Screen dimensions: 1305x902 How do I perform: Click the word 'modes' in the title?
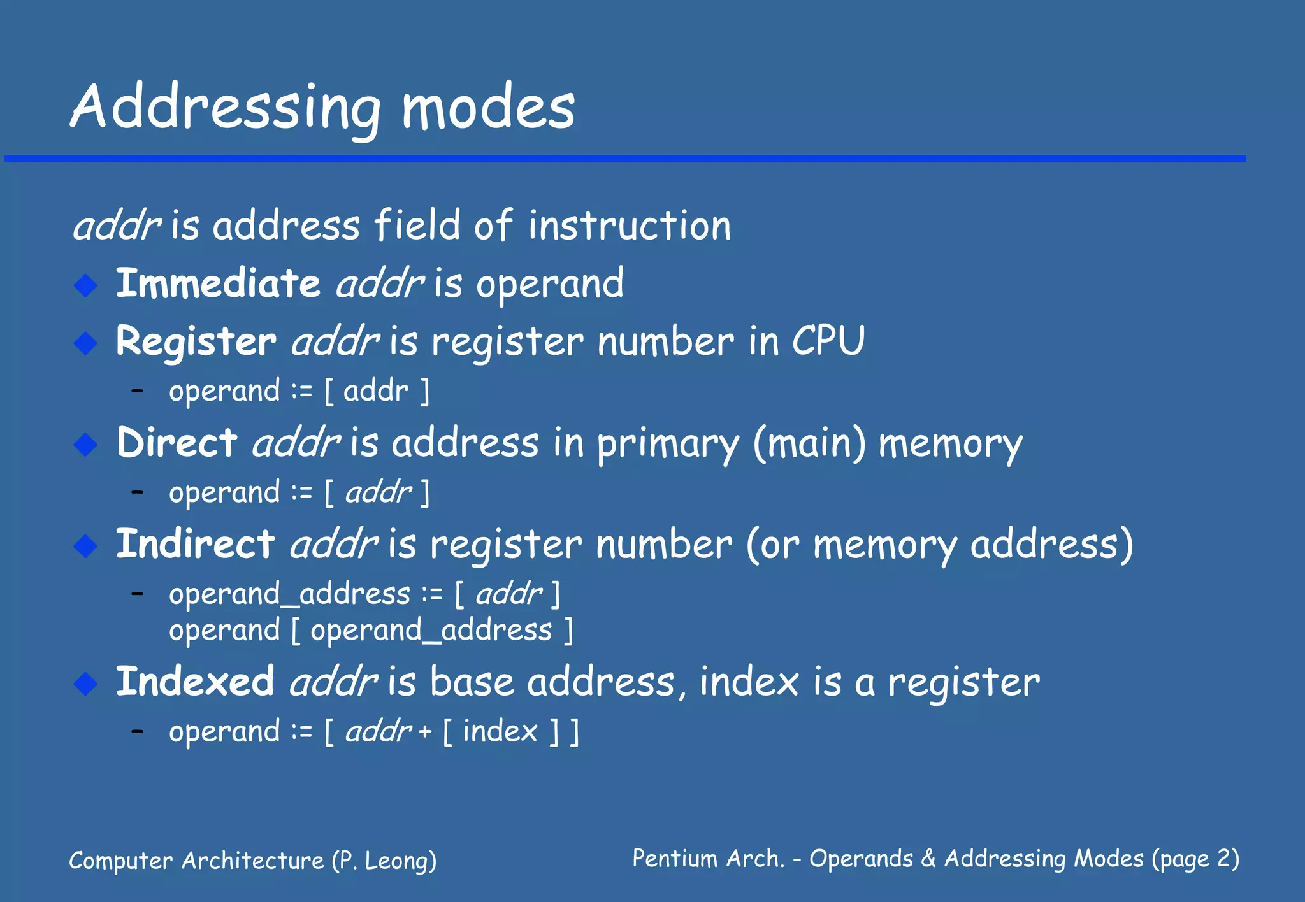coord(488,108)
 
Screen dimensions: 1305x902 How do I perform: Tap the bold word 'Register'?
coord(196,341)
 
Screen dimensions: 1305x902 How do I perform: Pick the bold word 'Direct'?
coord(177,442)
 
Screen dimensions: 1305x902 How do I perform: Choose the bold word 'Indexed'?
coord(195,681)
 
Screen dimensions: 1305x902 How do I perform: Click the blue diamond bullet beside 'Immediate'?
coord(85,285)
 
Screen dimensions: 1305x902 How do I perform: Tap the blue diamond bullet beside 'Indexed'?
coord(85,683)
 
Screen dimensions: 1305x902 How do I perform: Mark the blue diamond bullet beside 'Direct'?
coord(85,444)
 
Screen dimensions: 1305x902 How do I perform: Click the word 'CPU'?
coord(828,341)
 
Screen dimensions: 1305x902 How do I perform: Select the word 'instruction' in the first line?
coord(630,226)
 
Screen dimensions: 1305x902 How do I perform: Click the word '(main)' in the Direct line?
coord(809,443)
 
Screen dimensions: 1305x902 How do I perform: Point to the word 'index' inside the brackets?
coord(500,731)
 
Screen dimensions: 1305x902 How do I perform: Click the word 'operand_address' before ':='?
coord(289,594)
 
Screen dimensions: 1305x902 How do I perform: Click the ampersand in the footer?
coord(928,859)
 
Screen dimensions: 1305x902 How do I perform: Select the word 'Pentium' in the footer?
coord(674,859)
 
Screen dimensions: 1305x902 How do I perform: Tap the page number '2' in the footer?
coord(1223,859)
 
